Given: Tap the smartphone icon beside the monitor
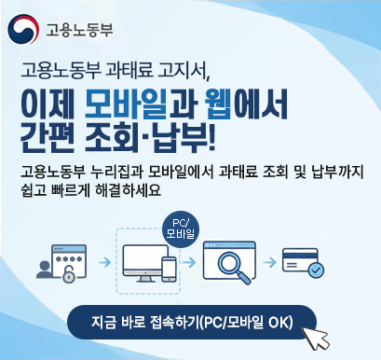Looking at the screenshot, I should [170, 269].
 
